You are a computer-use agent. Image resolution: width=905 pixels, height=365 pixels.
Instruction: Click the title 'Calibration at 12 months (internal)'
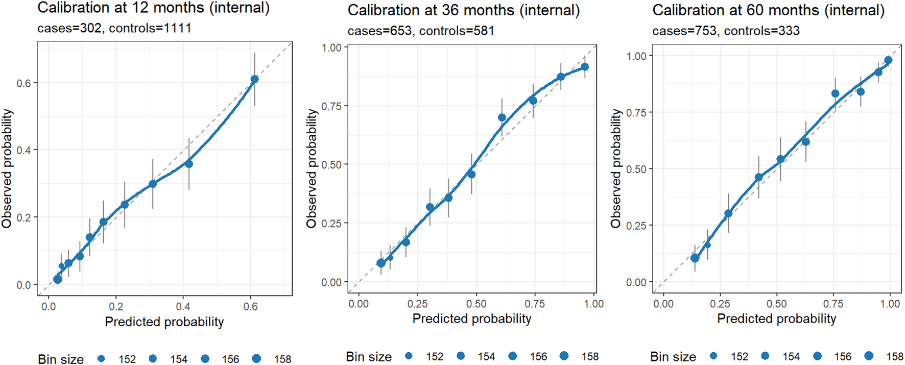(153, 8)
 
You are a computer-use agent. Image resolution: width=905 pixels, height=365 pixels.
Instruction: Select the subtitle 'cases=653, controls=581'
(421, 31)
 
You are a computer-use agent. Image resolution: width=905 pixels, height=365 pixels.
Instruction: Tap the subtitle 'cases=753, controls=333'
(726, 31)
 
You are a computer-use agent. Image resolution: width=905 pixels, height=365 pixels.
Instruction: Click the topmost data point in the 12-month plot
(254, 79)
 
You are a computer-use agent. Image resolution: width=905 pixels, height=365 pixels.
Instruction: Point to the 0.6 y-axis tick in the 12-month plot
(23, 83)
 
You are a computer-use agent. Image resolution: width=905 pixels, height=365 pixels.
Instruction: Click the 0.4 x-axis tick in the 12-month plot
(183, 307)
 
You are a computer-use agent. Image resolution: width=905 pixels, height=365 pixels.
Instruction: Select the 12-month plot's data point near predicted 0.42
(189, 164)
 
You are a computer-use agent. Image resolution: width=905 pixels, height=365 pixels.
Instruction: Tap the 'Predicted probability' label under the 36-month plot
(472, 319)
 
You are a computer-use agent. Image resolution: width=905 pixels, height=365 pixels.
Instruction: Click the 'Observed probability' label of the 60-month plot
(616, 168)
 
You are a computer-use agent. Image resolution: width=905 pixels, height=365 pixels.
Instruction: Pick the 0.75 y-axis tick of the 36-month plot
(331, 106)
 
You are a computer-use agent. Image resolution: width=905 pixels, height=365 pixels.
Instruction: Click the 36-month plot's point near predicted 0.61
(502, 118)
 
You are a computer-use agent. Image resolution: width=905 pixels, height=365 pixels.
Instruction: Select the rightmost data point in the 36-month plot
(585, 67)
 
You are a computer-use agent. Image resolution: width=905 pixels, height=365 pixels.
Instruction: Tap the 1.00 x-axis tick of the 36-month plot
(594, 304)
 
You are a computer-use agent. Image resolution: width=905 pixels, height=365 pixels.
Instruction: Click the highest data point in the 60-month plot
(888, 60)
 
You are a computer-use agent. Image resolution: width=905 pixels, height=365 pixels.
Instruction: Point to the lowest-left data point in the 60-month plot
(695, 259)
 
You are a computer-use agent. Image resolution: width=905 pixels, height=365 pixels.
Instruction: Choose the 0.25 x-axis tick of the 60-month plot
(720, 304)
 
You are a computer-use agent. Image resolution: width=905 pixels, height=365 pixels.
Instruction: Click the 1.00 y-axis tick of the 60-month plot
(636, 56)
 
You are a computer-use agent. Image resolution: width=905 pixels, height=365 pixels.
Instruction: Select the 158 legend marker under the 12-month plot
(256, 359)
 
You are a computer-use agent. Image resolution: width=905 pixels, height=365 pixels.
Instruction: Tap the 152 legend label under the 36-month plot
(435, 357)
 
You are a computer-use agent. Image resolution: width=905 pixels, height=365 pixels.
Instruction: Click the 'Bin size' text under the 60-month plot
(673, 357)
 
